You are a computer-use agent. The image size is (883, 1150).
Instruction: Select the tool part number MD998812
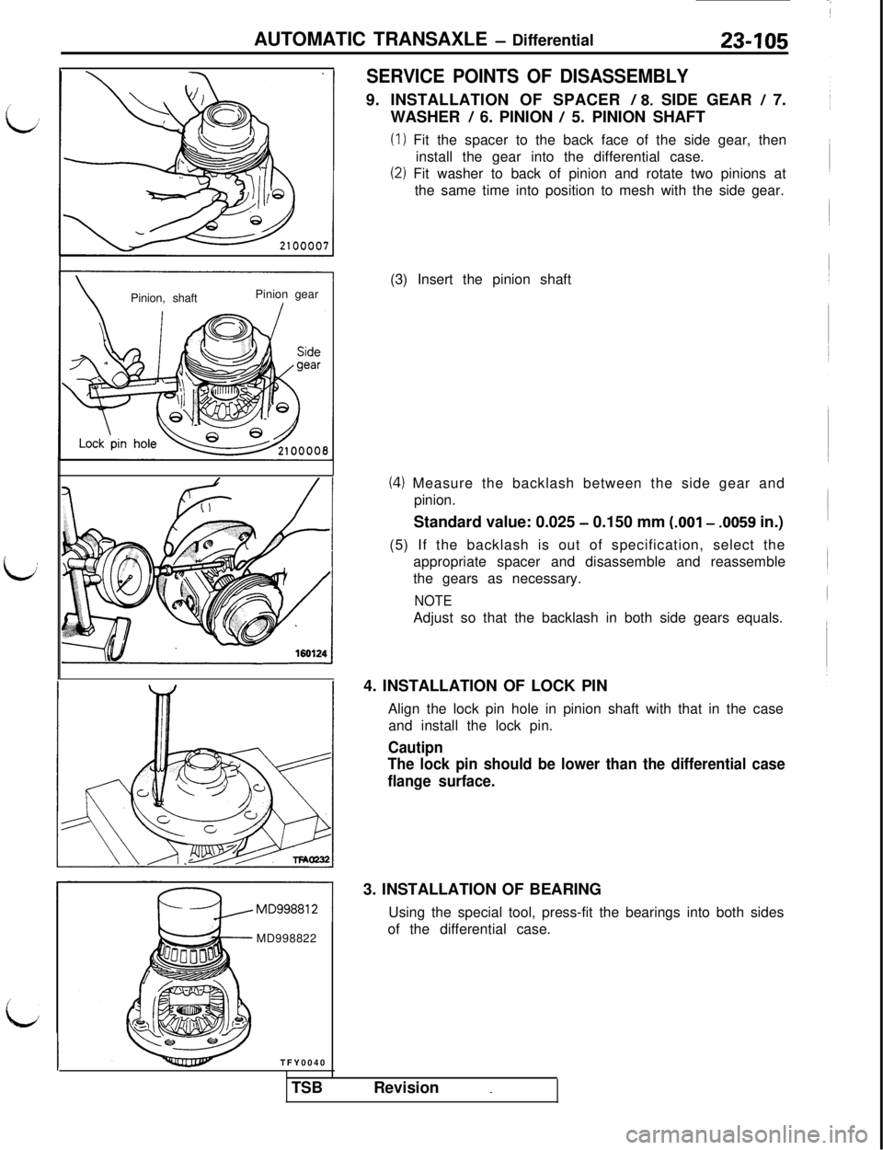tap(286, 910)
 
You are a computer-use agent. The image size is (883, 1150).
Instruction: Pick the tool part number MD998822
tap(286, 938)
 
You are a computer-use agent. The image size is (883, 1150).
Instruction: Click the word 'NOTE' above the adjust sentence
tap(433, 601)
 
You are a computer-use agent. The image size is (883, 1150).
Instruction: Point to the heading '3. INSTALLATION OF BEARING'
tap(481, 889)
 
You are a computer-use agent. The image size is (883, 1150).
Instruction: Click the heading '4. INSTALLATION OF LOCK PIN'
tap(485, 686)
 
